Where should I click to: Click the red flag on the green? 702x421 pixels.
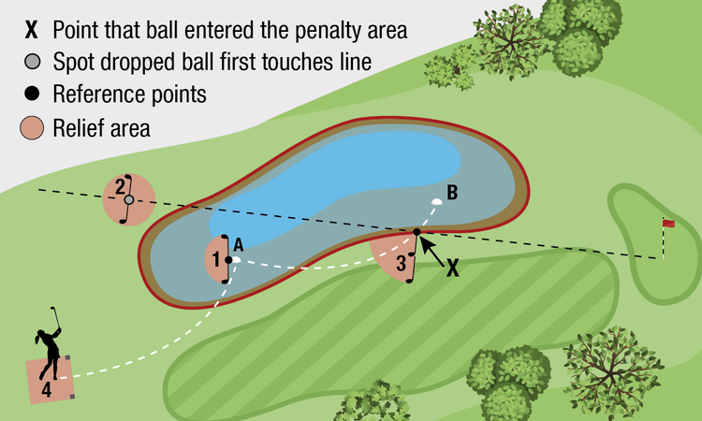click(x=669, y=223)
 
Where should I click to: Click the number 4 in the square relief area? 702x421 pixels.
click(x=46, y=389)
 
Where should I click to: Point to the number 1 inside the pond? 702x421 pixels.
click(x=217, y=259)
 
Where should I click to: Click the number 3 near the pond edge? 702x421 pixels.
click(x=401, y=264)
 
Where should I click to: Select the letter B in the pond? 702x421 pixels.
click(x=452, y=194)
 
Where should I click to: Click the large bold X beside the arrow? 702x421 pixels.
click(x=453, y=267)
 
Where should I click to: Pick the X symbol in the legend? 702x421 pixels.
click(x=32, y=30)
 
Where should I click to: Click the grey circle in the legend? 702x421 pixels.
click(x=33, y=64)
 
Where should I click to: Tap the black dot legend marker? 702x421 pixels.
click(x=33, y=94)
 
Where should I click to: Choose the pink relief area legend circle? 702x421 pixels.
click(x=33, y=126)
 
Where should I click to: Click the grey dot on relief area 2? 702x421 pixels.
click(x=129, y=199)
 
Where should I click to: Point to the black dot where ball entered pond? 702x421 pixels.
click(x=417, y=231)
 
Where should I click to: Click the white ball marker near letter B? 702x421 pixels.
click(x=436, y=201)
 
